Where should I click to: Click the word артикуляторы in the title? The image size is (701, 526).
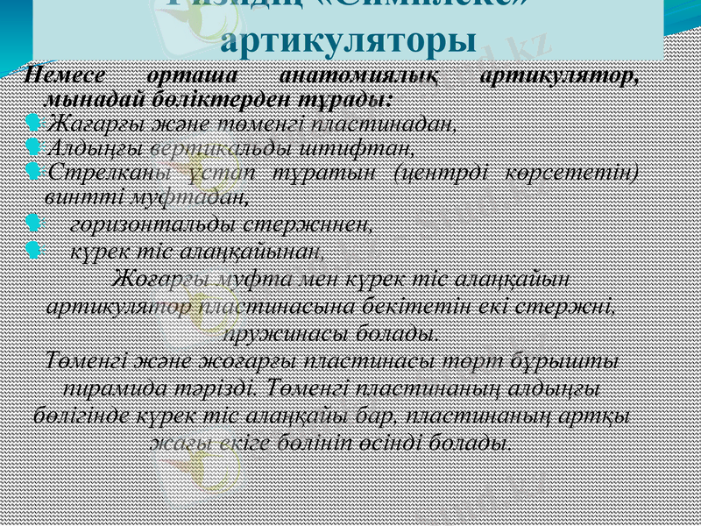click(x=349, y=40)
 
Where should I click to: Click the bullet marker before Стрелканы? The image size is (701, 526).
click(x=33, y=167)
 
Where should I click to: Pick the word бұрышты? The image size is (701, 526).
click(x=579, y=362)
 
